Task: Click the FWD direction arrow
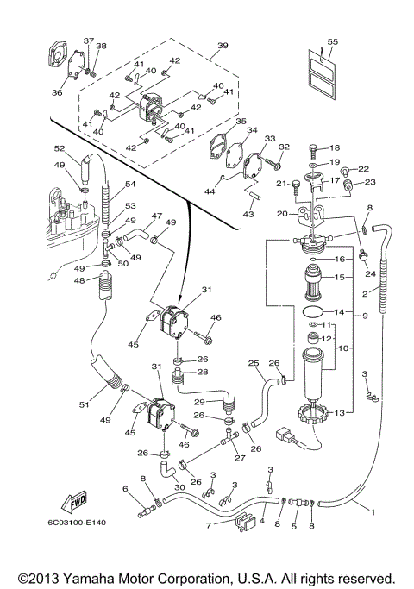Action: [74, 502]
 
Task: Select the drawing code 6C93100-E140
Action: [77, 523]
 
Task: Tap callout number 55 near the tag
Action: [332, 41]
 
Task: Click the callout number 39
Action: [223, 45]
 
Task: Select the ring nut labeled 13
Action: [312, 414]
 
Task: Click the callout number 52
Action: [60, 148]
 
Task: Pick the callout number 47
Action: [157, 216]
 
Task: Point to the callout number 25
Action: [254, 363]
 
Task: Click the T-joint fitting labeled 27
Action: [230, 439]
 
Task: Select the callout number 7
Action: [209, 525]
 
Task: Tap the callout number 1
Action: [373, 512]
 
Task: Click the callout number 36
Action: [57, 92]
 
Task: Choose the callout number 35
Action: [241, 122]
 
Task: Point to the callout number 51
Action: [85, 404]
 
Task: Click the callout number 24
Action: [370, 273]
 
